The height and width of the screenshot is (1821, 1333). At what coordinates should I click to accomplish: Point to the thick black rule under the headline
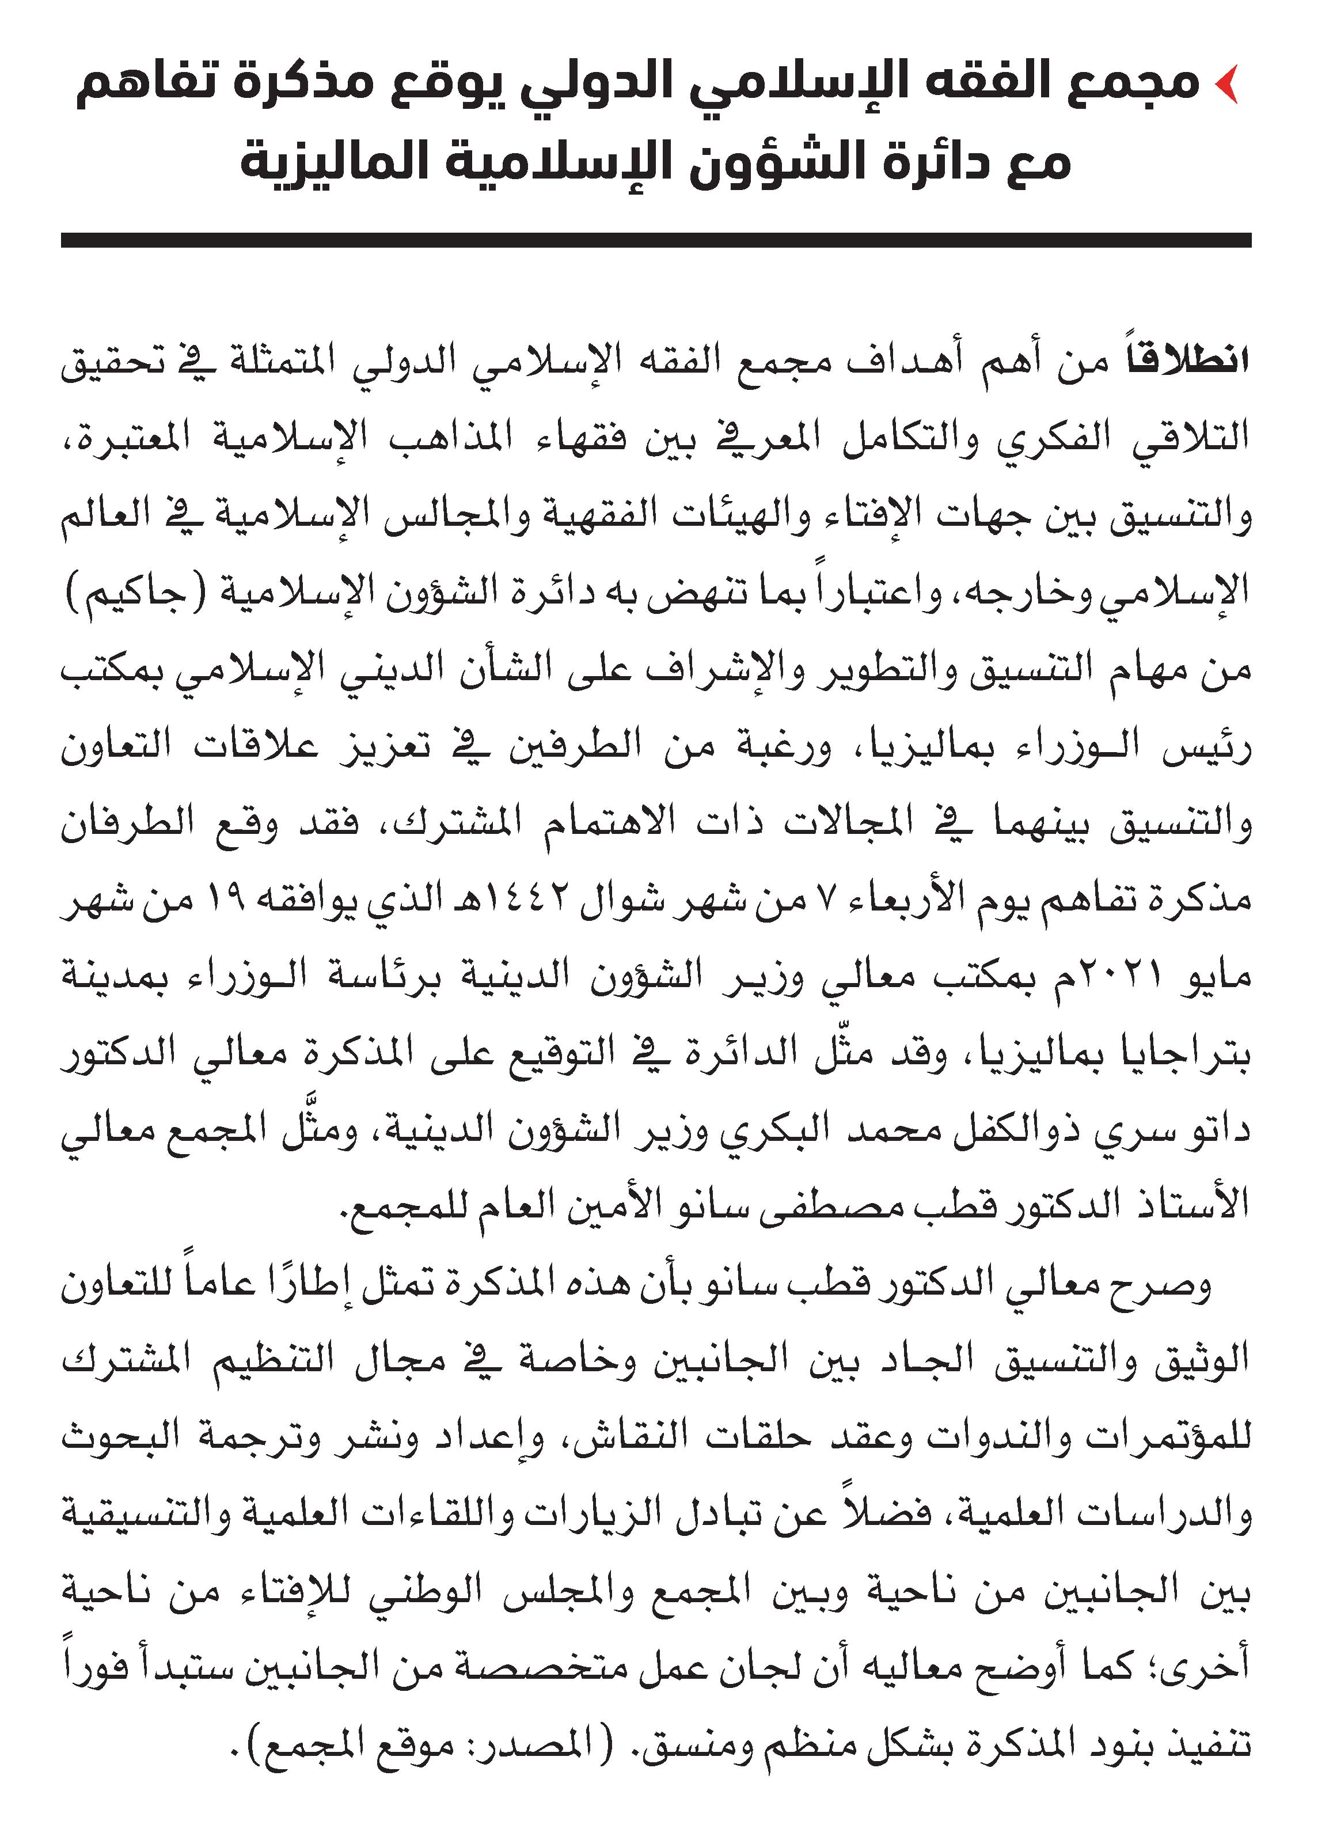coord(655,240)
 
